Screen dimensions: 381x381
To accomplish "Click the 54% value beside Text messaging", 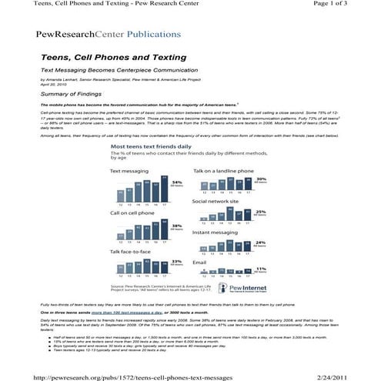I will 176,182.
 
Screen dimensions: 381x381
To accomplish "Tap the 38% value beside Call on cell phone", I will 176,226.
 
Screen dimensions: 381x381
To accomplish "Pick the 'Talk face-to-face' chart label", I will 129,251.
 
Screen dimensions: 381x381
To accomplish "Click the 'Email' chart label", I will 199,261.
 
